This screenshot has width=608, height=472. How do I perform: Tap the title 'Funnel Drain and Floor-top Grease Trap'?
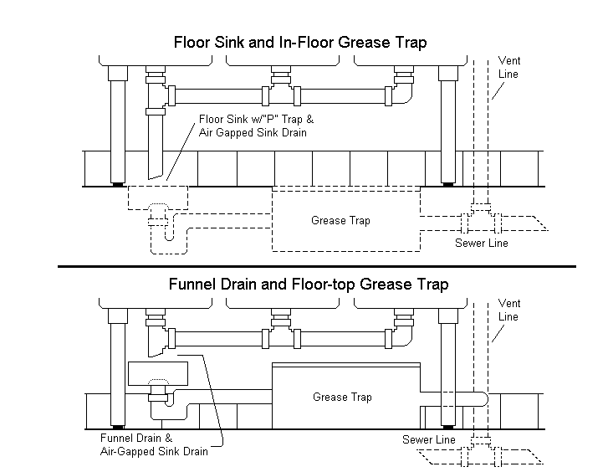[x=308, y=285]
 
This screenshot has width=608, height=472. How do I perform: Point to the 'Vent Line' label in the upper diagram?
[x=508, y=68]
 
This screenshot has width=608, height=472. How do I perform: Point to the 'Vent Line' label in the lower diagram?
[x=508, y=310]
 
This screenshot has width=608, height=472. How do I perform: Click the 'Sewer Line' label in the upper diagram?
[x=481, y=244]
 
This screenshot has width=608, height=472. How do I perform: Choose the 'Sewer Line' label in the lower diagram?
[x=428, y=439]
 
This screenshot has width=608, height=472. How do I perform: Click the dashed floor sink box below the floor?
[x=157, y=198]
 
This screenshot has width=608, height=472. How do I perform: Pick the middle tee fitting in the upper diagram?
[x=279, y=89]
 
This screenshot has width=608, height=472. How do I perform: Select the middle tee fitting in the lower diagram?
[x=279, y=331]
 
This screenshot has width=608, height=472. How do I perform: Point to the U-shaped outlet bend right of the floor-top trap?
[x=480, y=400]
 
